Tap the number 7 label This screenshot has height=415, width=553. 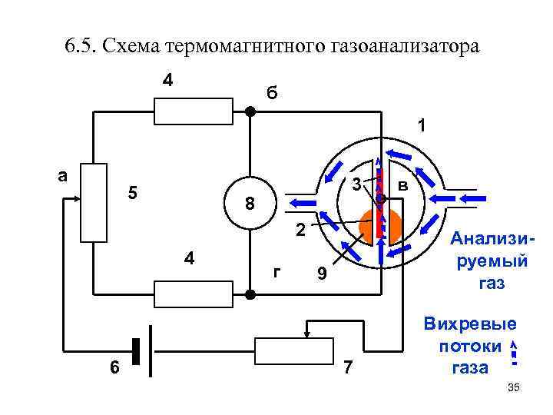[348, 367]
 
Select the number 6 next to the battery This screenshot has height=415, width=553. [114, 368]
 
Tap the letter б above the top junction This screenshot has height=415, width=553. [273, 93]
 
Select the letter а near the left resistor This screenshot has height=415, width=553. [65, 174]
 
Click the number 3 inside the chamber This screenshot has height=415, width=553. [356, 184]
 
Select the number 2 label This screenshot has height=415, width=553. [301, 230]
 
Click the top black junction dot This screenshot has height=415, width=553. [250, 111]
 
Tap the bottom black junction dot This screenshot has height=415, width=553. [250, 294]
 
